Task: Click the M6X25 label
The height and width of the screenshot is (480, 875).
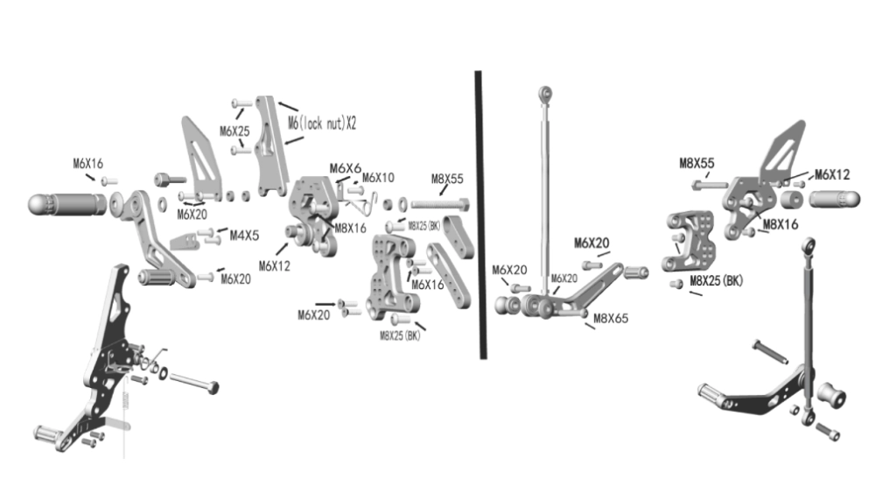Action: (x=234, y=131)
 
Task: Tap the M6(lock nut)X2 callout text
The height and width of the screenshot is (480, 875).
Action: (x=322, y=124)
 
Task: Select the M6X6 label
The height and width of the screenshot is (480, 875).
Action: (x=346, y=168)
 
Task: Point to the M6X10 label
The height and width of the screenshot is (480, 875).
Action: (x=378, y=178)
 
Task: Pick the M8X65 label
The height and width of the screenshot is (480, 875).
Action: (x=612, y=319)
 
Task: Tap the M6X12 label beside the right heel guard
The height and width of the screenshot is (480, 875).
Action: (x=831, y=175)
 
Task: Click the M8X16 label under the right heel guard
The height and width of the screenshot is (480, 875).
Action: (x=780, y=224)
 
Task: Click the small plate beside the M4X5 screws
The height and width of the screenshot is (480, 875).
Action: (x=184, y=240)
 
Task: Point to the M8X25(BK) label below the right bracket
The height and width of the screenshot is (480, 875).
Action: (x=716, y=281)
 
